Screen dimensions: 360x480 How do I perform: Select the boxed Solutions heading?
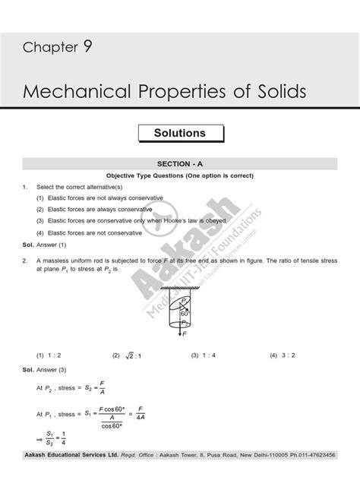[x=179, y=133]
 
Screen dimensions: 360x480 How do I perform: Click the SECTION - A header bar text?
[x=180, y=163]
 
